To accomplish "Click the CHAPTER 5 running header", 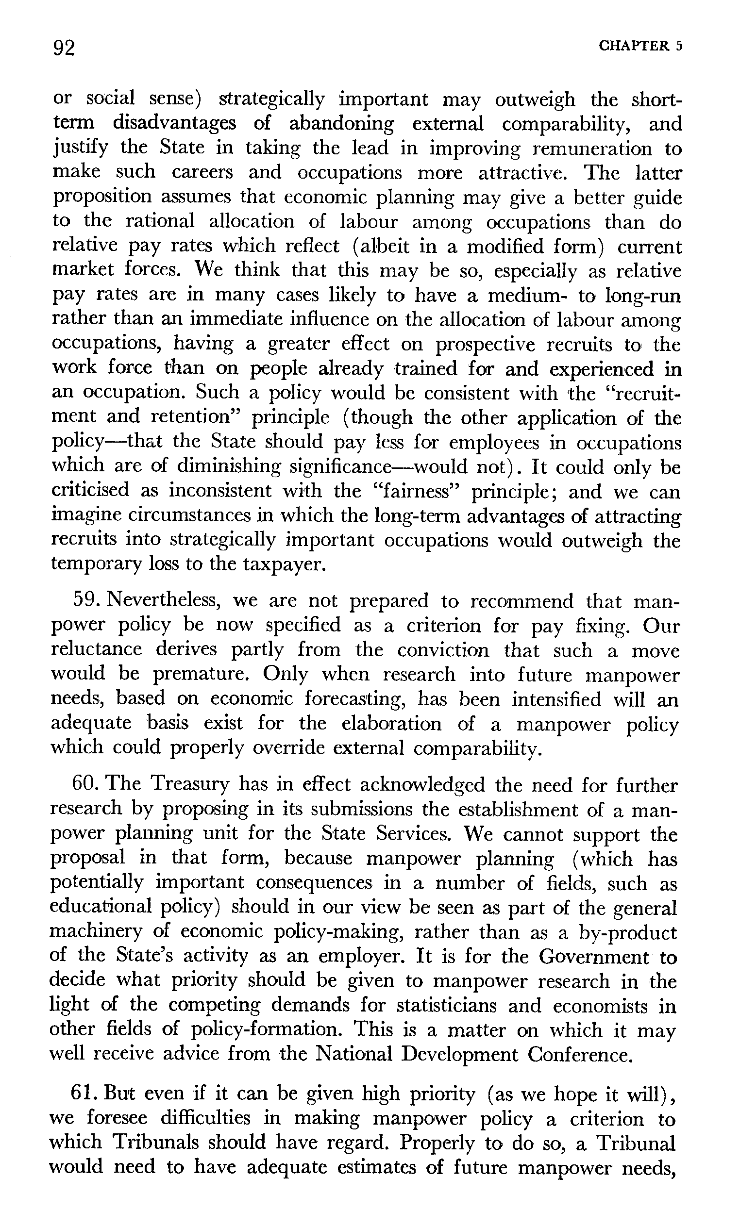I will [640, 46].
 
